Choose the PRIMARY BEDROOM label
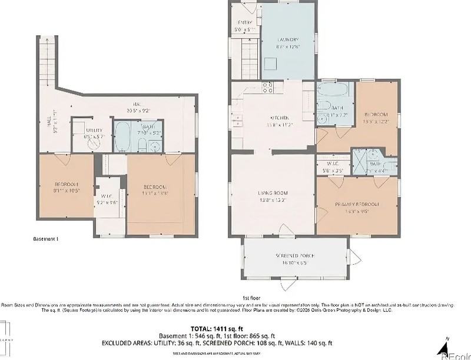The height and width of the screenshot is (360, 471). [357, 204]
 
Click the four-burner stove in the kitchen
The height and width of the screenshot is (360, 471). [267, 87]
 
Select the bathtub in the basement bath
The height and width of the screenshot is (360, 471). [124, 137]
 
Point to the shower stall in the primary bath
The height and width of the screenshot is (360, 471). [359, 159]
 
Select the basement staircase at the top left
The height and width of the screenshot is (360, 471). [49, 59]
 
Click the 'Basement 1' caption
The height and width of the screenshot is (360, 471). [45, 239]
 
